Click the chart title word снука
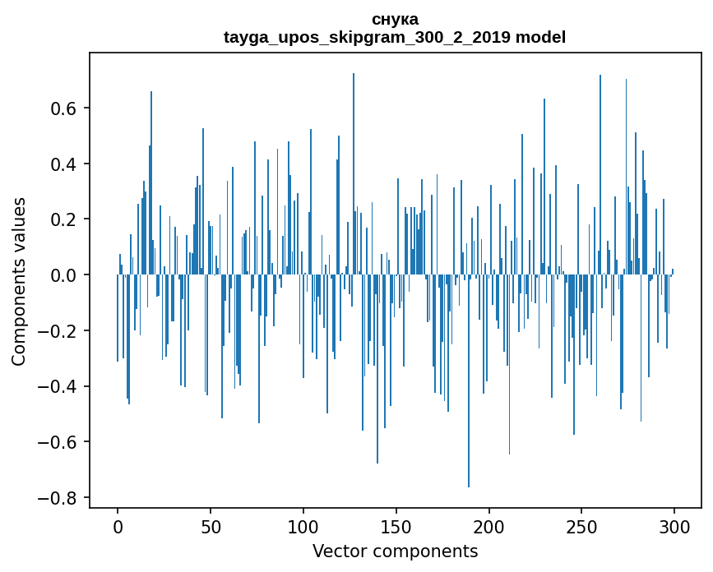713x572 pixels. click(x=395, y=19)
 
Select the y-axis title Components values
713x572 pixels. click(x=19, y=281)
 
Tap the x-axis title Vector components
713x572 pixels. click(x=395, y=551)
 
